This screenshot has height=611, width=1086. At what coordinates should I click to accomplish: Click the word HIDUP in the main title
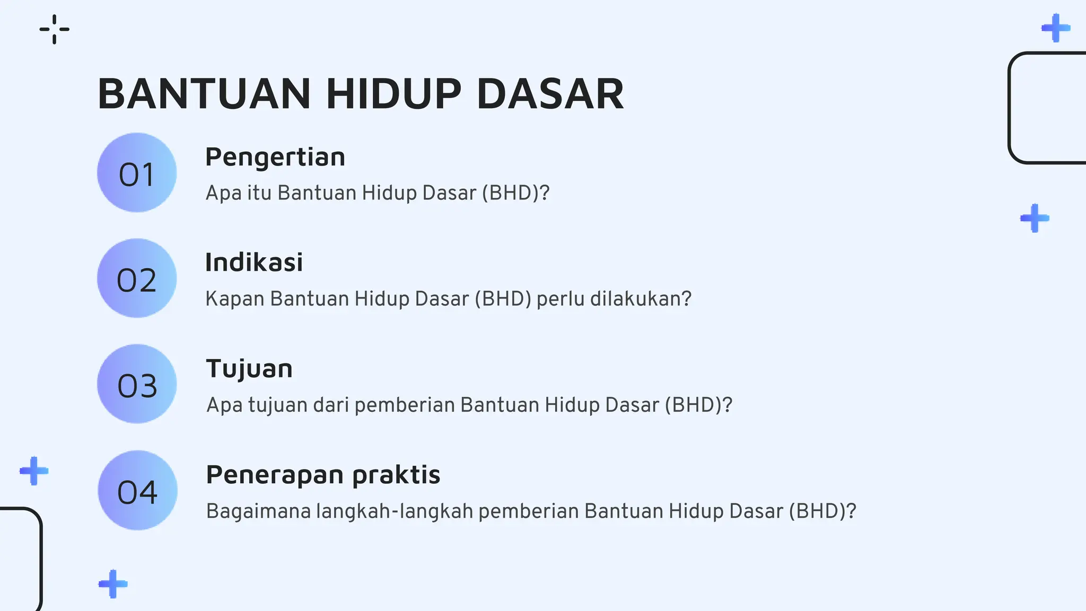(x=393, y=94)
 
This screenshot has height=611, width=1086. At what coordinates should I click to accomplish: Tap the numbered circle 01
(x=137, y=173)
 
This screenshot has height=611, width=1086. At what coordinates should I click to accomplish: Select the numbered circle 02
(x=137, y=278)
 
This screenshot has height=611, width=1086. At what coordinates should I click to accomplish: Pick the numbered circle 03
(x=137, y=384)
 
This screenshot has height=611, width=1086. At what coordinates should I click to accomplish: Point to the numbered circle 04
(x=137, y=491)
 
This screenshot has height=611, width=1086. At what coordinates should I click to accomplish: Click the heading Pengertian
(x=275, y=158)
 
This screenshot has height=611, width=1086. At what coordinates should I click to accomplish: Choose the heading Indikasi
(x=254, y=263)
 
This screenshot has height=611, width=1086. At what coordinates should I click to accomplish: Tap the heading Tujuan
(x=249, y=369)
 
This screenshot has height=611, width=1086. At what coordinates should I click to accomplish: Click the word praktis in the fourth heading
(x=396, y=475)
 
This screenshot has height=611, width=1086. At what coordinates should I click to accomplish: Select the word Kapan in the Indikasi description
(x=235, y=299)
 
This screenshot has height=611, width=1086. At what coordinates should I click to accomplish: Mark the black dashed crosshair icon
(x=55, y=29)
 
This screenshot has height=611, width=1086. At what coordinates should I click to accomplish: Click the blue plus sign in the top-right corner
(x=1056, y=28)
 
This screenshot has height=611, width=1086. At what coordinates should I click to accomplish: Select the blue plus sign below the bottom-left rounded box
(x=113, y=584)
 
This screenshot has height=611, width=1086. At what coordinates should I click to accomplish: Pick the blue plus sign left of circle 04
(x=34, y=470)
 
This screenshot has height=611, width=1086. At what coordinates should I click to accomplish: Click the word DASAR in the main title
(x=550, y=94)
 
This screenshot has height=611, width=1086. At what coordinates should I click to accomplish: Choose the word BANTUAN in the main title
(x=204, y=94)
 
